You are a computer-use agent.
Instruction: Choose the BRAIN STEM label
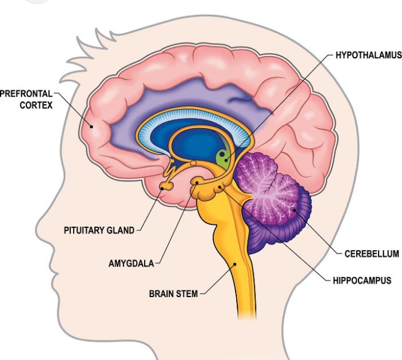173,294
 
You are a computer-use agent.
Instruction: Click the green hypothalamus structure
223,157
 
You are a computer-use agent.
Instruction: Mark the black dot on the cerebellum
294,211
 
